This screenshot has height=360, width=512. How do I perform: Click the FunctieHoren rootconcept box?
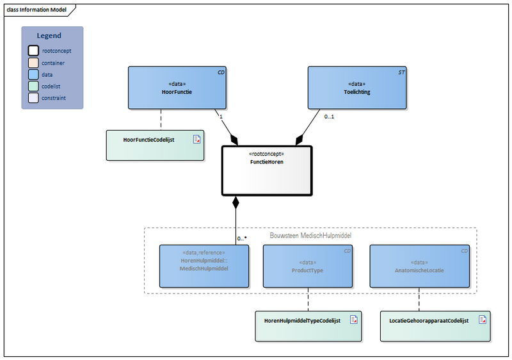click(266, 170)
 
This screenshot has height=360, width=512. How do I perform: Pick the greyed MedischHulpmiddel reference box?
click(204, 266)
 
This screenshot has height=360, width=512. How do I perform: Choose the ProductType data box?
click(308, 266)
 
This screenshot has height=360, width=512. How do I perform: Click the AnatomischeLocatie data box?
click(419, 266)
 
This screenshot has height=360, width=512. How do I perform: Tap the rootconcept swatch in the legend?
click(33, 51)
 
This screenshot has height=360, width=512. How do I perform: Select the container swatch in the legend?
click(33, 63)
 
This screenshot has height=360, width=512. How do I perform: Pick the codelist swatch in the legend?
click(33, 86)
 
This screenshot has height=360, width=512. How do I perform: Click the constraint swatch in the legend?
click(33, 98)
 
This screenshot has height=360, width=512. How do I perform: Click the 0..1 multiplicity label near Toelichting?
click(330, 117)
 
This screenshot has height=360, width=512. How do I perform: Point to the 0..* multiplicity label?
click(242, 238)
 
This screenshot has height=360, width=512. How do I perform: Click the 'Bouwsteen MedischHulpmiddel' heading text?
click(310, 235)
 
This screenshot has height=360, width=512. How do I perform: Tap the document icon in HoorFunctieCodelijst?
click(197, 138)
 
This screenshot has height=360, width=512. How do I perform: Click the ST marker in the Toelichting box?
click(401, 72)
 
